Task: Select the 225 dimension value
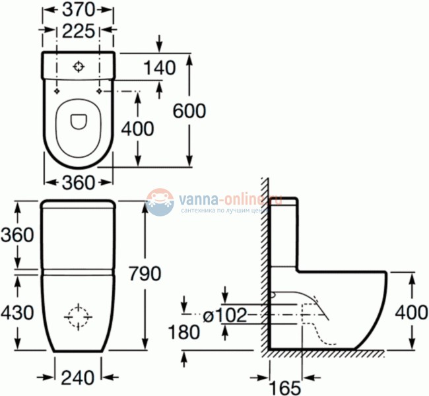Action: coord(79,30)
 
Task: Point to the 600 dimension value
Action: coord(189,111)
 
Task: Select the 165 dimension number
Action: coord(284,387)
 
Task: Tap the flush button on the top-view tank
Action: coord(79,67)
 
